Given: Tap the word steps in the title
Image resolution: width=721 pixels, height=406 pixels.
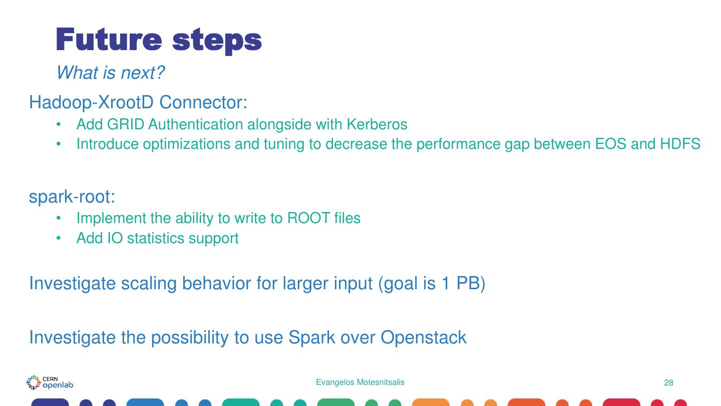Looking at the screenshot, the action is click(217, 41).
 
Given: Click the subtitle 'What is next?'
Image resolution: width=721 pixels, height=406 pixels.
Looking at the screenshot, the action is click(110, 73).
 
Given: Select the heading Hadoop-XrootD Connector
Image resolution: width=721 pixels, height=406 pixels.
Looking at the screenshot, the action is click(138, 102).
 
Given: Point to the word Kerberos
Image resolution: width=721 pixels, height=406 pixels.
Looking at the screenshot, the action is click(377, 124).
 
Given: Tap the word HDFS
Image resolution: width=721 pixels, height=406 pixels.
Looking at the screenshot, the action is click(680, 144).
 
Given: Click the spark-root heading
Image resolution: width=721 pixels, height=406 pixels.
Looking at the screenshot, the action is click(72, 196).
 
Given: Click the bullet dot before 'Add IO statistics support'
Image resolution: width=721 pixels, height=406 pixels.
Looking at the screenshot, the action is click(59, 238).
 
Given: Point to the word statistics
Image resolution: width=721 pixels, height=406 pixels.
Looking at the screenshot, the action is click(156, 238).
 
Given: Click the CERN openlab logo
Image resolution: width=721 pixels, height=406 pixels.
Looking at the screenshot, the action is click(50, 382).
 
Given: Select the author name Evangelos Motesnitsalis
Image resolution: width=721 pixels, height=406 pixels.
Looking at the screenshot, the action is click(360, 382).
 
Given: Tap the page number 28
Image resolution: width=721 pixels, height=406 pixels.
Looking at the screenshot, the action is click(668, 383).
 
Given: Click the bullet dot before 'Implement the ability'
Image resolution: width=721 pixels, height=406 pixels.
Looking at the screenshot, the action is click(59, 219).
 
